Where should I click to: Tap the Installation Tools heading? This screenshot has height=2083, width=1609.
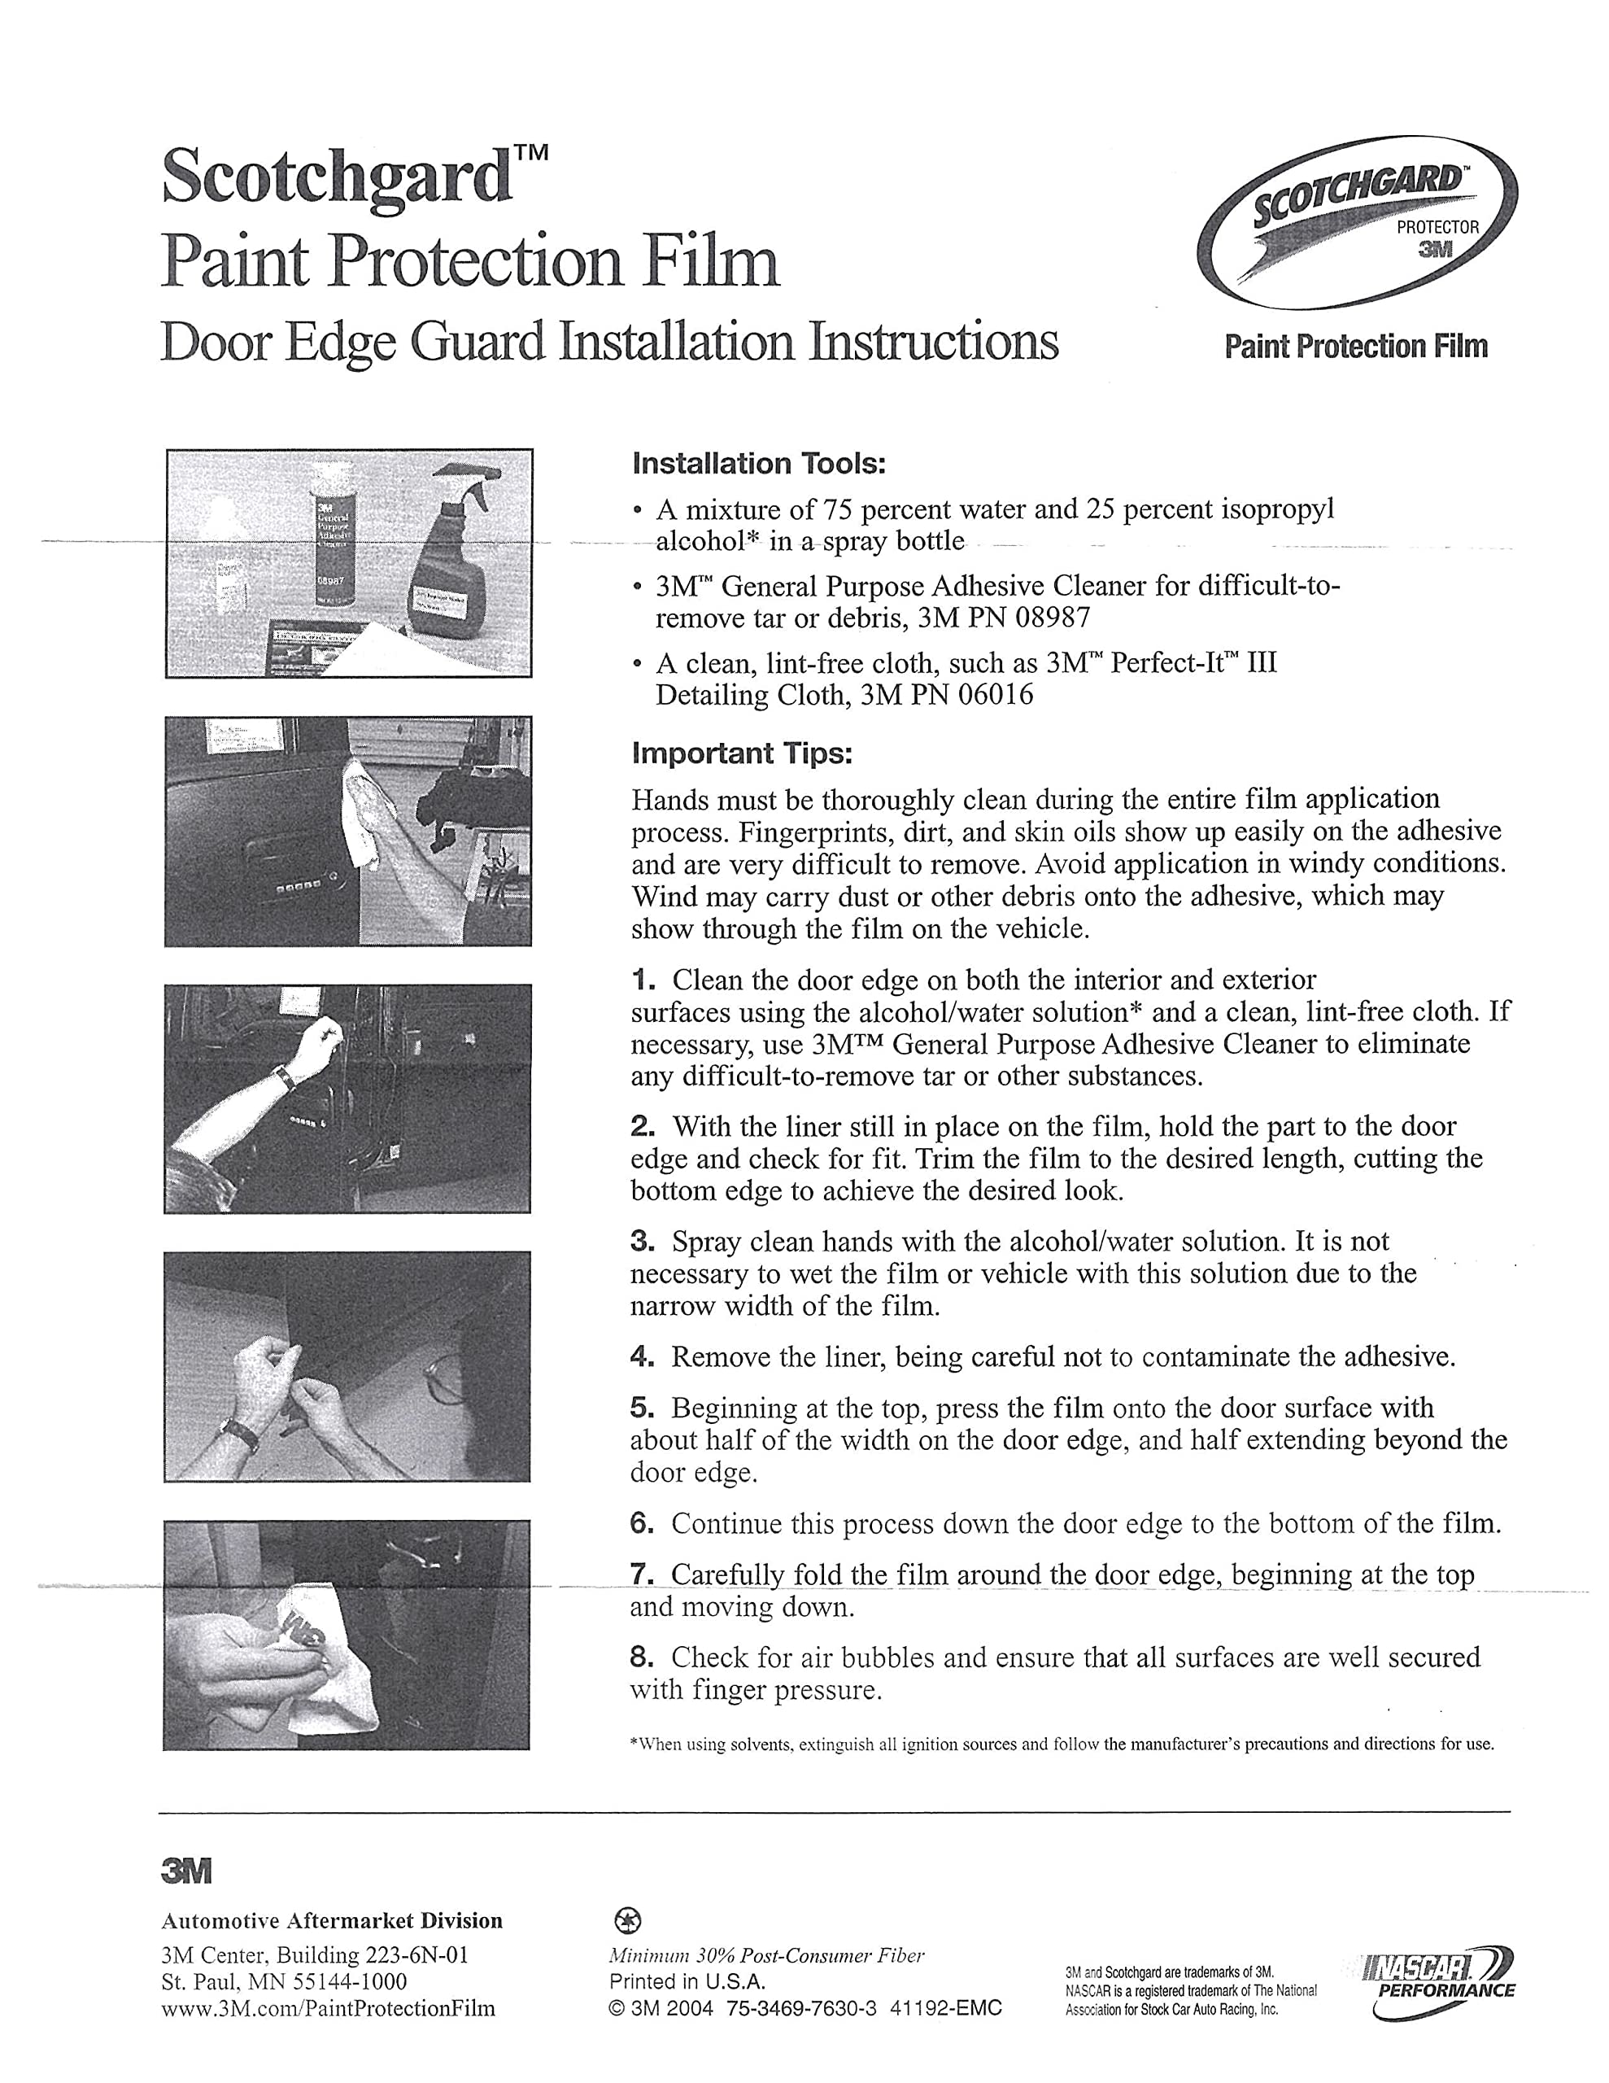click(759, 465)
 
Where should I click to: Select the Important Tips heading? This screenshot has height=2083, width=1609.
click(741, 753)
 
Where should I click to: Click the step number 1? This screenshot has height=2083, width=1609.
click(643, 980)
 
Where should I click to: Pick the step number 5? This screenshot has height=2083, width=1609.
click(642, 1408)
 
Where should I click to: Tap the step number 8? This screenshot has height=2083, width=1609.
click(642, 1657)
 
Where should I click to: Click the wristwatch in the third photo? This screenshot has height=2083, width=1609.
click(284, 1078)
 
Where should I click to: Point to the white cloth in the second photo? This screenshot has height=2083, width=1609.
click(367, 810)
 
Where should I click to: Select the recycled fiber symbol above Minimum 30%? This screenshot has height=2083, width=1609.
click(631, 1921)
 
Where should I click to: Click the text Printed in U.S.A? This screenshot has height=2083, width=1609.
click(687, 1981)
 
